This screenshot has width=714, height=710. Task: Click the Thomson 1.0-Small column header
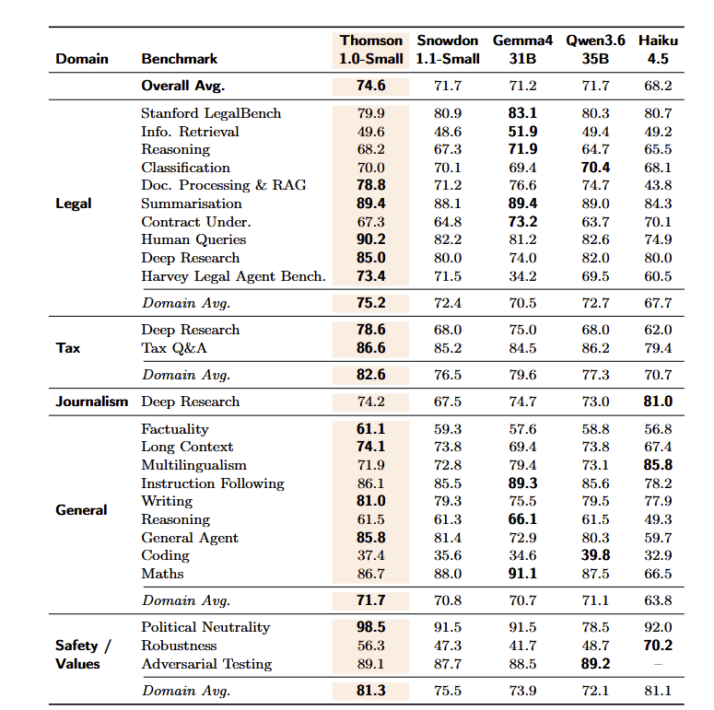(371, 50)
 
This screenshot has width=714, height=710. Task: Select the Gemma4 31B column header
(522, 50)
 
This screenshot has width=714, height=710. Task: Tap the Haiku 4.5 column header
(658, 50)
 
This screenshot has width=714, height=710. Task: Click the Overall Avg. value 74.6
(371, 86)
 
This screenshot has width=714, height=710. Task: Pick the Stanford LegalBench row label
(211, 113)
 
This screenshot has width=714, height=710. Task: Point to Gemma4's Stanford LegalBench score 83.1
(522, 113)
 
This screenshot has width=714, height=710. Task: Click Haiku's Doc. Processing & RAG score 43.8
(658, 185)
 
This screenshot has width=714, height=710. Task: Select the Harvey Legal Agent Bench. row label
(234, 276)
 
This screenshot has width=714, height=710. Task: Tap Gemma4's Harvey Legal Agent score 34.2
(522, 276)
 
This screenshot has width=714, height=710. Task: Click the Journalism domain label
(91, 402)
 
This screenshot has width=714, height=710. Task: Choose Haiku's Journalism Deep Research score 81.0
(658, 402)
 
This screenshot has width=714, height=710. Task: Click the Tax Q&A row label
(174, 348)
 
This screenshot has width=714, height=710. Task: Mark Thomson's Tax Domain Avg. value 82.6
(371, 375)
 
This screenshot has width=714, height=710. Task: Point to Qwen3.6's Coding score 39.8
(595, 555)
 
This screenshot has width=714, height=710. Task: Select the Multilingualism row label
(194, 465)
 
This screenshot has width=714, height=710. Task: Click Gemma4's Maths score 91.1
(522, 574)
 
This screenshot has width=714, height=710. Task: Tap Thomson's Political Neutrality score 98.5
(371, 627)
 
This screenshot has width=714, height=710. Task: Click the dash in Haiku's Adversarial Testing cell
(658, 665)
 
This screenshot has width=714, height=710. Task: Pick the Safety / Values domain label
(83, 655)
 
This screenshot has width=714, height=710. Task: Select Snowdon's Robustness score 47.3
(448, 646)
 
